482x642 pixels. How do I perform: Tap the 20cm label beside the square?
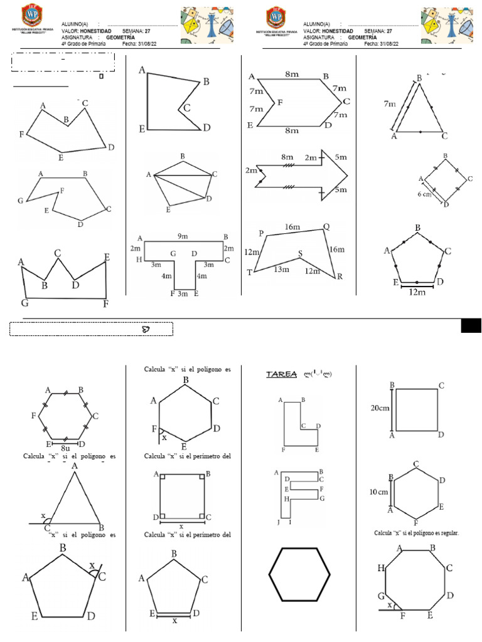point(380,408)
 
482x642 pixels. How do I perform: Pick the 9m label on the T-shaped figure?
point(182,236)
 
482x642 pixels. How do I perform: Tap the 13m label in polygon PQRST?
point(281,270)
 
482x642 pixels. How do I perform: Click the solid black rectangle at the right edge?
point(471,325)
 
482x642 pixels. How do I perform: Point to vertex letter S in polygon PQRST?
point(300,254)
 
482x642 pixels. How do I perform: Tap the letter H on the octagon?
point(381,569)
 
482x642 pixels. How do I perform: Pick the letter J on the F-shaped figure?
point(277,522)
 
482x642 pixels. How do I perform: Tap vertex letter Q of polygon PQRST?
point(326,227)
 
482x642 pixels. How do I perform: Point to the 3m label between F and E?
point(183,293)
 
